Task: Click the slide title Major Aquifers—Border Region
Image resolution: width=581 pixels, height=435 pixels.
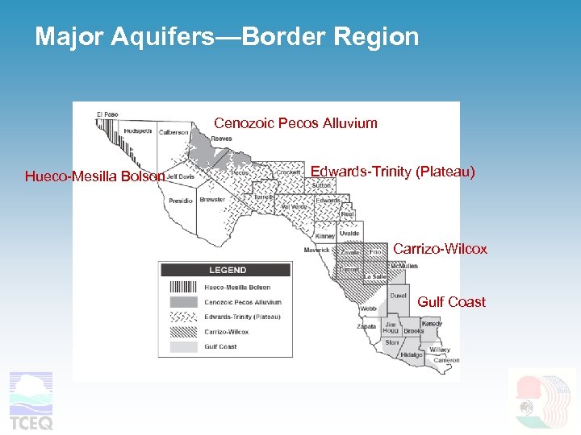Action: [x=227, y=37]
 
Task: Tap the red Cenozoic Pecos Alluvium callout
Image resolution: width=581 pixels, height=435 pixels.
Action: [x=295, y=123]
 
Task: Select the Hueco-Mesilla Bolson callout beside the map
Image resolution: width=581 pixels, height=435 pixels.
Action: [x=94, y=176]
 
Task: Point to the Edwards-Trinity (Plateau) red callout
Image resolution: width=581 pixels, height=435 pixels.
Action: [x=393, y=172]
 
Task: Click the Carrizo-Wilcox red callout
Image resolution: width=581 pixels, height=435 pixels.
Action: [x=440, y=249]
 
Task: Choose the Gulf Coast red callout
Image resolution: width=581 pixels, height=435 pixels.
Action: [x=451, y=302]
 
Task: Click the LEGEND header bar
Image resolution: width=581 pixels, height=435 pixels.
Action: [x=228, y=270]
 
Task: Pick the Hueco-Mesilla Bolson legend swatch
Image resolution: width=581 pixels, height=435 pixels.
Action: [x=184, y=287]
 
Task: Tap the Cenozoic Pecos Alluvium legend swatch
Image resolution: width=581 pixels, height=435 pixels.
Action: [x=184, y=302]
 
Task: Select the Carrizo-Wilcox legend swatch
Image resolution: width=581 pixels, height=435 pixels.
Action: [x=184, y=332]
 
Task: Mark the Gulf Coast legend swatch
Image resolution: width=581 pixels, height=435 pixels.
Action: [x=184, y=347]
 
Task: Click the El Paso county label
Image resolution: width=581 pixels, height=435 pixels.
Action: [x=107, y=114]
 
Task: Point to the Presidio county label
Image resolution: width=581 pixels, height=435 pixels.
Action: [x=181, y=201]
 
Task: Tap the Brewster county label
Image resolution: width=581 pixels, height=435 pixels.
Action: [x=212, y=199]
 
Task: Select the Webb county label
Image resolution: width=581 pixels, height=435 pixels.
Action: [x=368, y=309]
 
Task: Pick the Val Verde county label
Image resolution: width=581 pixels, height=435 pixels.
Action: [x=295, y=207]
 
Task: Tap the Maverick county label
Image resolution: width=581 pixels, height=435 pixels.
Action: [x=316, y=250]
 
